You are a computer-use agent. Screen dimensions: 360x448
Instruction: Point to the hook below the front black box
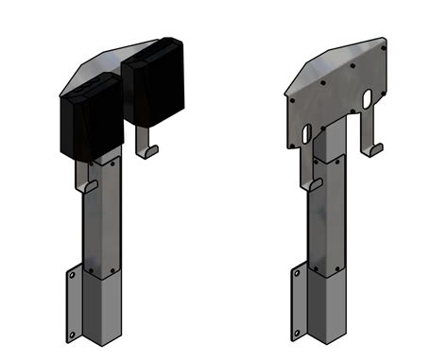(x=86, y=185)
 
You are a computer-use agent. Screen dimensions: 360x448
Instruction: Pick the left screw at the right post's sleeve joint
(x=316, y=266)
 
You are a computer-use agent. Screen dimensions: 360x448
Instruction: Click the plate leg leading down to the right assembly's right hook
(x=366, y=128)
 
